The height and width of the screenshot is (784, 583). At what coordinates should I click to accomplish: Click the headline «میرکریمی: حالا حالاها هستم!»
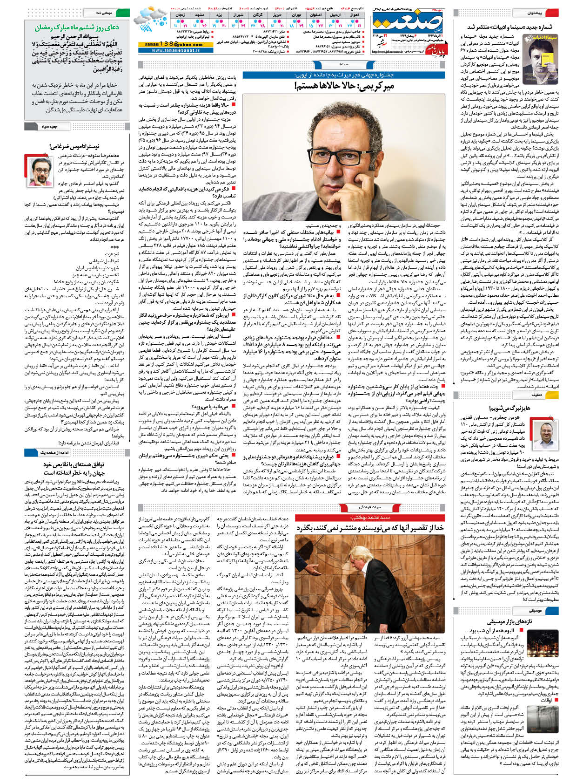coord(345,86)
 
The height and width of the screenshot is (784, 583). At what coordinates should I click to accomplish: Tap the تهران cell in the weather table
coord(296,15)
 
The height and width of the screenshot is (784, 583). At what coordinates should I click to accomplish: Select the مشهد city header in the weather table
coord(200,15)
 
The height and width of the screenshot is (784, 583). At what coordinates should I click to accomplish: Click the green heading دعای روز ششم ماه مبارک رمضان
coord(77,28)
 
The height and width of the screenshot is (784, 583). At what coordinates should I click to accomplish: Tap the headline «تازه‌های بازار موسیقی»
coord(509,621)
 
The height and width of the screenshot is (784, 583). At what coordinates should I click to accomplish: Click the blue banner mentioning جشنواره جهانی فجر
coord(344,75)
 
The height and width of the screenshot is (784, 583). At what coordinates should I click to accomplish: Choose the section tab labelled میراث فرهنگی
coord(370,506)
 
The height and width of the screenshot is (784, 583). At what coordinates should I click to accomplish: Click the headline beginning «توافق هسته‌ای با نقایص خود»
coord(74,468)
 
